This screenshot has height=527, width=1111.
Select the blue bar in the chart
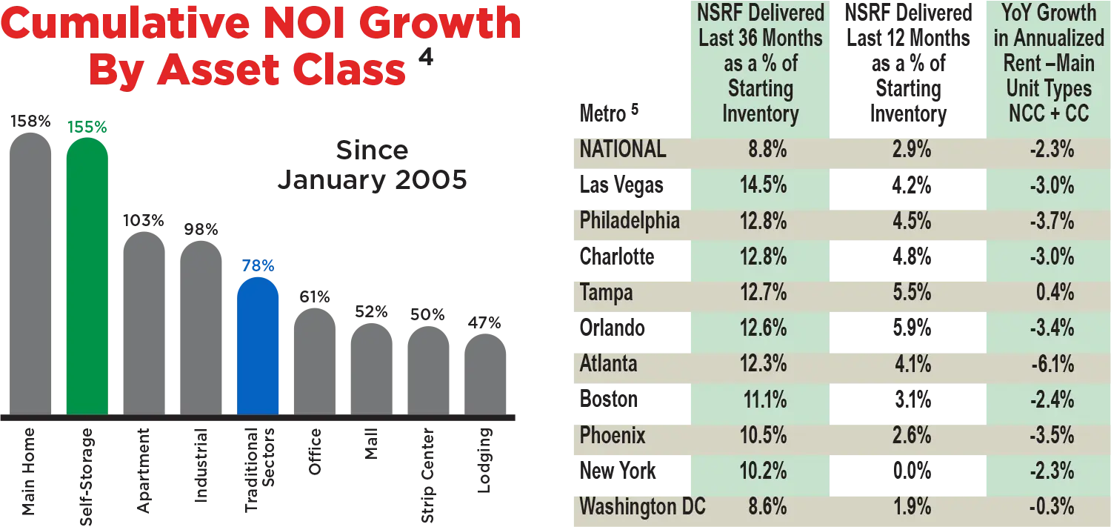(258, 348)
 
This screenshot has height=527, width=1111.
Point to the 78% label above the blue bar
(258, 264)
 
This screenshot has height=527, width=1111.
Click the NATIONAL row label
(623, 149)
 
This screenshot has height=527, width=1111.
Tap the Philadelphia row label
(630, 221)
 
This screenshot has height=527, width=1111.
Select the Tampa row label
(607, 292)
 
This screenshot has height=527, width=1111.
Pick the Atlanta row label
(609, 364)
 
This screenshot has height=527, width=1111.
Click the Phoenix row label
(613, 435)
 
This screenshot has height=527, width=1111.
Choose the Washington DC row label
(642, 507)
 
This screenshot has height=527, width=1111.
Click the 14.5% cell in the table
(763, 185)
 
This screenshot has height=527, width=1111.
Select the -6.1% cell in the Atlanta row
(1052, 364)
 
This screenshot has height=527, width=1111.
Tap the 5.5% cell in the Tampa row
(912, 292)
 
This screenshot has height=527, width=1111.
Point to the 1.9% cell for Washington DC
(912, 507)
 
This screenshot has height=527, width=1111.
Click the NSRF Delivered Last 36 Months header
(761, 63)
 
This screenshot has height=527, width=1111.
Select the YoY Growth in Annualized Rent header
(1049, 63)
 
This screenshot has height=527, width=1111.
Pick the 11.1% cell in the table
(764, 400)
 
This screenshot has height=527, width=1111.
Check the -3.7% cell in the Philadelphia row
(1052, 221)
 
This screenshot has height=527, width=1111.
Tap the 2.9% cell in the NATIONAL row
(912, 149)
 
